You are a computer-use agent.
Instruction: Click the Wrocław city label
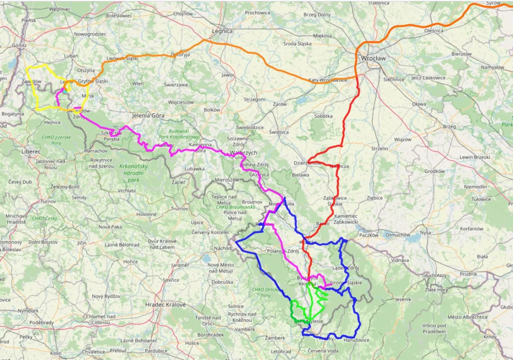(373, 58)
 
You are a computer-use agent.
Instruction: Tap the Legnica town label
(222, 31)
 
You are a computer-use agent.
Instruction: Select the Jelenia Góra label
(152, 115)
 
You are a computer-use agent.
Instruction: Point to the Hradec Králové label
(166, 305)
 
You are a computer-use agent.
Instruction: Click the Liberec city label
(31, 152)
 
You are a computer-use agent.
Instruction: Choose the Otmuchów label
(397, 235)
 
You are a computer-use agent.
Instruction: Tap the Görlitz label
(19, 45)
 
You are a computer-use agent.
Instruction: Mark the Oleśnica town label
(434, 30)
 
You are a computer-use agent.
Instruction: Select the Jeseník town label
(403, 299)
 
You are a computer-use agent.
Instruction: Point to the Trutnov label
(179, 208)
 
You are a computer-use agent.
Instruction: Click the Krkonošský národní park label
(133, 173)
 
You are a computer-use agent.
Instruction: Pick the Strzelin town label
(380, 148)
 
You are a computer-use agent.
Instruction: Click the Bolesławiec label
(119, 16)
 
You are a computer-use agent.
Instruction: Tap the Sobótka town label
(324, 116)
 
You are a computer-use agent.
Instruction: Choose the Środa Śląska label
(297, 44)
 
